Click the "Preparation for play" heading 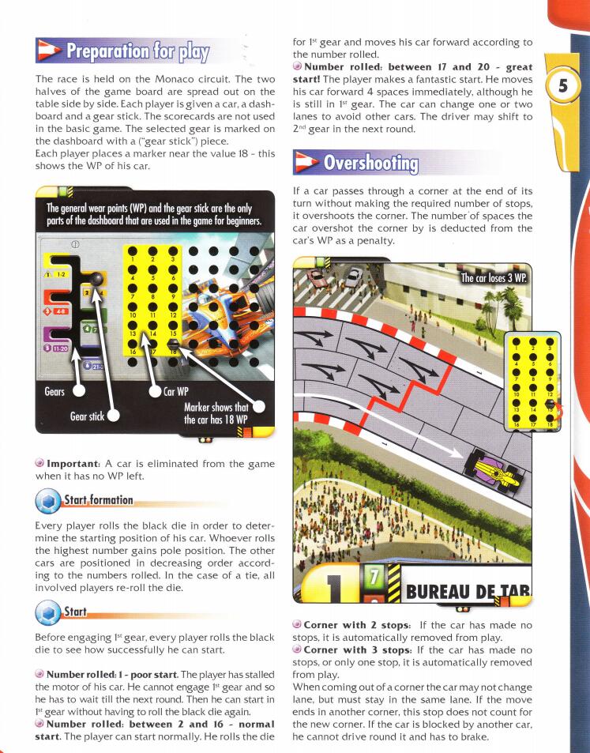pos(138,53)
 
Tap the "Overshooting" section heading pos(370,164)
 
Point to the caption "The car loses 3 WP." pos(494,278)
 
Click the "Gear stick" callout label pos(87,416)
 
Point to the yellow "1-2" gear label pos(57,273)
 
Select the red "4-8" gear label pos(57,311)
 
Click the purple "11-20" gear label pos(58,348)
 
